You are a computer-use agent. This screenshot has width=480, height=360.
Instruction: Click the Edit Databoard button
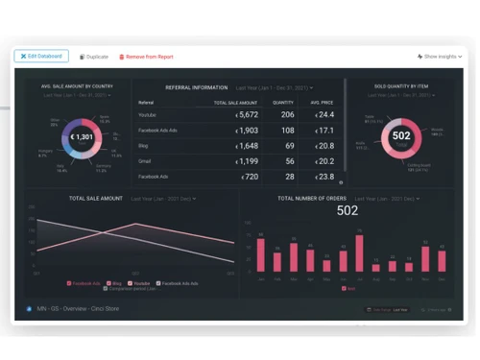(x=41, y=57)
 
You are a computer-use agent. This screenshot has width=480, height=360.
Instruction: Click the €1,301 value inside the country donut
(x=83, y=138)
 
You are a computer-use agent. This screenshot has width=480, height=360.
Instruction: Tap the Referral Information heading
(x=196, y=87)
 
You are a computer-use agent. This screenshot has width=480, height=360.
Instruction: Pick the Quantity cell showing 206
(x=287, y=114)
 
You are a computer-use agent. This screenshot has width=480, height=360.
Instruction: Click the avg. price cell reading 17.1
(x=327, y=131)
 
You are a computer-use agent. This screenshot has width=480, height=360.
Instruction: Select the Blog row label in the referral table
(x=144, y=146)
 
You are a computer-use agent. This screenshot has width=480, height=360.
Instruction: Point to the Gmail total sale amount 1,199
(x=247, y=161)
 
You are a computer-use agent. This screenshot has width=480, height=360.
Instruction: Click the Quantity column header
(x=283, y=101)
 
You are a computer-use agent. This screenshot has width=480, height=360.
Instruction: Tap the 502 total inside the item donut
(x=401, y=136)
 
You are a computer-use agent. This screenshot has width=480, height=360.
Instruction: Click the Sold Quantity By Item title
(x=401, y=86)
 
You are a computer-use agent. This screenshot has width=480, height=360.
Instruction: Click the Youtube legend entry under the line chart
(x=141, y=283)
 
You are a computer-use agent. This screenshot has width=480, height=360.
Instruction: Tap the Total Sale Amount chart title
(x=96, y=198)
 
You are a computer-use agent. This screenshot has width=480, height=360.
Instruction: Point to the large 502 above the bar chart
(x=348, y=211)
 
